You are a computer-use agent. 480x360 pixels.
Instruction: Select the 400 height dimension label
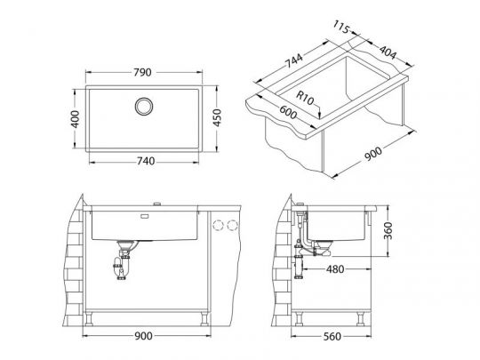tap(76, 116)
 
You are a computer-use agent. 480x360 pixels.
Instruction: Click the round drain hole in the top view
tap(143, 107)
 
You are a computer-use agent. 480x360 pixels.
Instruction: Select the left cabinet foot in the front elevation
tap(96, 316)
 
